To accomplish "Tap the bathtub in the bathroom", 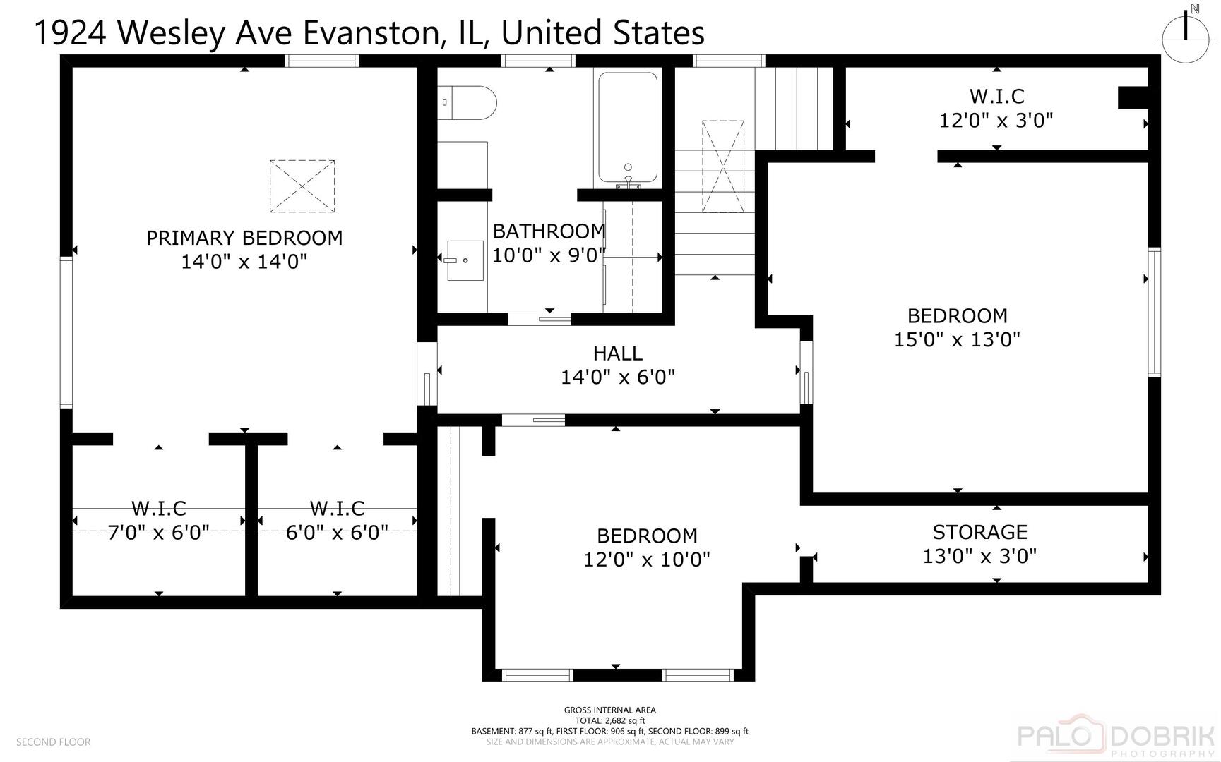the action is click(628, 128).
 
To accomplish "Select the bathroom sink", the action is click(465, 260).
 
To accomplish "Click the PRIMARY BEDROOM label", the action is click(244, 238).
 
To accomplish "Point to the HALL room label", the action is click(618, 353).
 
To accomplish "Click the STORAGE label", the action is click(979, 532).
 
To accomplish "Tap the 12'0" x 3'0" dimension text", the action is click(996, 120).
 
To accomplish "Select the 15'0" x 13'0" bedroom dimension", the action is click(957, 339).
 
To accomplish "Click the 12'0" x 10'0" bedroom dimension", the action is click(646, 560).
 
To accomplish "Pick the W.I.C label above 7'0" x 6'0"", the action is click(159, 508).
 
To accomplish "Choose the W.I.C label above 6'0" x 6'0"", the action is click(337, 508).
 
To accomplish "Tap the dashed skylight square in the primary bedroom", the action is click(302, 186).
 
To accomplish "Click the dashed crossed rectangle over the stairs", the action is click(722, 167).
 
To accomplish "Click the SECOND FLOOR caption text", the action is click(53, 742).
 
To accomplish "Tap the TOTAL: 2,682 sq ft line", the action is click(609, 720).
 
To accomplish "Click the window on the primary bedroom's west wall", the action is click(66, 332).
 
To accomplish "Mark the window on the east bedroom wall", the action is click(1155, 311).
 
